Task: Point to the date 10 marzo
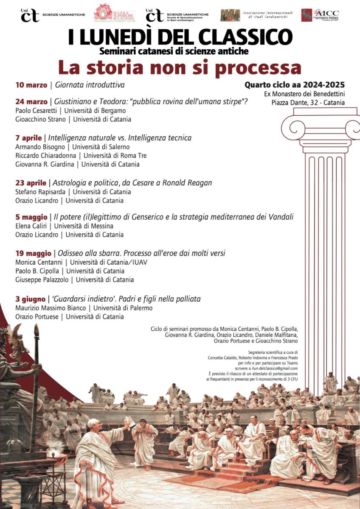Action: (31, 85)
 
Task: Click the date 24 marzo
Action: (31, 102)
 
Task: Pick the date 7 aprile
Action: (28, 138)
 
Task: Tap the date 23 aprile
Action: (31, 183)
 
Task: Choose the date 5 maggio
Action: (31, 217)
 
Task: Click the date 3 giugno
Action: (30, 299)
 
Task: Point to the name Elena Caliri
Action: (31, 226)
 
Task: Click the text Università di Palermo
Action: (123, 308)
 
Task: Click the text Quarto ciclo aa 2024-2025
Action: (294, 85)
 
